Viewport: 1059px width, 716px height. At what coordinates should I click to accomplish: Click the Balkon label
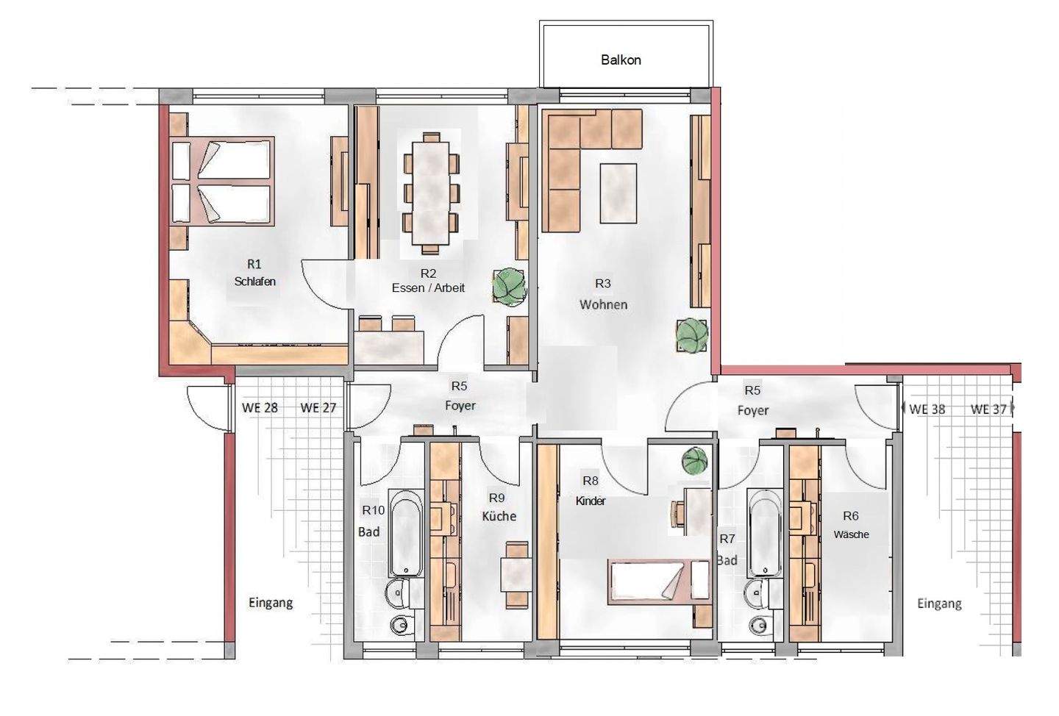click(621, 60)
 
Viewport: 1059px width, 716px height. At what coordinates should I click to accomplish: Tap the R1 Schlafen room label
click(254, 273)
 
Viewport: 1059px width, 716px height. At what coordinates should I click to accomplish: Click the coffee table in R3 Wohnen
click(618, 193)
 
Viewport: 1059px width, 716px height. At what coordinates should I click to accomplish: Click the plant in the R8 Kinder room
click(696, 460)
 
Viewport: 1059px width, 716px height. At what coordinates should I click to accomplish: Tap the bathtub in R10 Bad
click(405, 533)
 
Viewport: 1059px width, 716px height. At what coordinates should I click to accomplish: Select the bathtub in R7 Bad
click(765, 533)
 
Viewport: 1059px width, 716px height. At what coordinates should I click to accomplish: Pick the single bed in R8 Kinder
click(659, 583)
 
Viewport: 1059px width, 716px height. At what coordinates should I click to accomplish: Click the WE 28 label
click(260, 408)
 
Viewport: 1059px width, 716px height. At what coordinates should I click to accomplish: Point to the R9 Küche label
click(499, 507)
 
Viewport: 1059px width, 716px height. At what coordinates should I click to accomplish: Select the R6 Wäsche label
click(851, 525)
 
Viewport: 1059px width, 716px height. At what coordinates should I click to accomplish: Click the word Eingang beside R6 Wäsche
click(939, 604)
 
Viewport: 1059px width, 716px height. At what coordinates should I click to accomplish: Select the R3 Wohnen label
click(603, 294)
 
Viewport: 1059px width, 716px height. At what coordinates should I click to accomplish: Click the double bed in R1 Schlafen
click(222, 180)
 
